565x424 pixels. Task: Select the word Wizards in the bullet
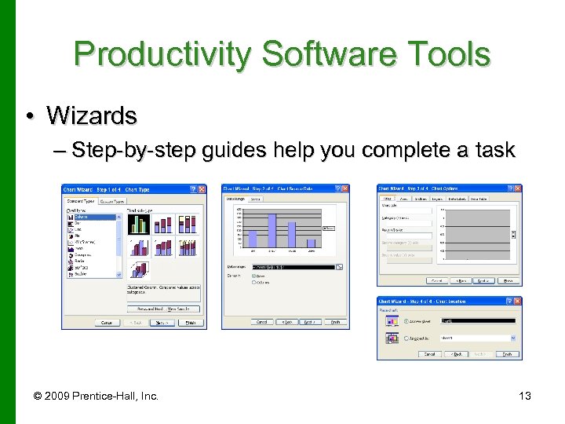pos(91,116)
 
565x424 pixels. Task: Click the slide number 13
pos(525,396)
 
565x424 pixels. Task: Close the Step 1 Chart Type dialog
pos(202,190)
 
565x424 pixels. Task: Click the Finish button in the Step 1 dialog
pos(189,323)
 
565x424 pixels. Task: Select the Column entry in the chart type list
pos(82,217)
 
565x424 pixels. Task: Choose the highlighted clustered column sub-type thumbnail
pos(139,225)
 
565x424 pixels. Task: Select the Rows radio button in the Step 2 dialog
pos(254,276)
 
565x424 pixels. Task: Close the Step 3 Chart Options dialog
pos(518,188)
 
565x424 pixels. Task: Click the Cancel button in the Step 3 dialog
pos(437,280)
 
